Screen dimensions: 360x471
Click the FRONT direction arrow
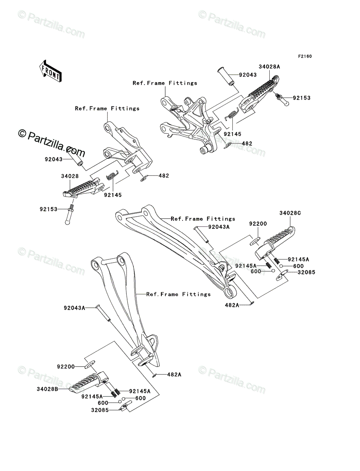click(x=50, y=71)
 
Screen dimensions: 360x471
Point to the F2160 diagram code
click(x=305, y=57)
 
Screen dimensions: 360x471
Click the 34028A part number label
click(x=269, y=67)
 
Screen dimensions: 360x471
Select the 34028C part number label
click(x=290, y=213)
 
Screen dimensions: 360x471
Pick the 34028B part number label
click(x=48, y=389)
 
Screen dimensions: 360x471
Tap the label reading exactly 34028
click(x=70, y=176)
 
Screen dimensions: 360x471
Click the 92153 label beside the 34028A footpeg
click(x=302, y=98)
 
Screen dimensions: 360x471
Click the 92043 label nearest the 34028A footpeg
click(x=248, y=75)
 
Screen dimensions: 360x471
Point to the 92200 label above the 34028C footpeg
click(x=258, y=224)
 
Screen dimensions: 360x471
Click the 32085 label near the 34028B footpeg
click(x=100, y=410)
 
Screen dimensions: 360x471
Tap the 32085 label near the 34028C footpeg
click(x=306, y=272)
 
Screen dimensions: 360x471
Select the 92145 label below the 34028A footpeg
click(x=232, y=134)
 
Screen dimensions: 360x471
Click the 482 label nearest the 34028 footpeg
click(x=164, y=176)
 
